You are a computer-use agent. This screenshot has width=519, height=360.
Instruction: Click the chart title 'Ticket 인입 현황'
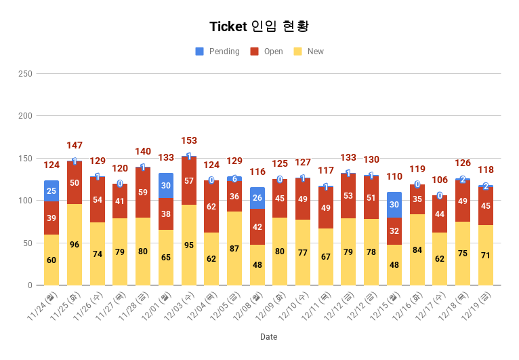click(x=259, y=26)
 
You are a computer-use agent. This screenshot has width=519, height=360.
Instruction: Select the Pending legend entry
click(x=217, y=52)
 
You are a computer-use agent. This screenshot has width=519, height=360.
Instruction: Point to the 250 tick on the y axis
click(x=25, y=73)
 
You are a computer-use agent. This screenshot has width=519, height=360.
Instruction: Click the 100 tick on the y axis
click(x=25, y=201)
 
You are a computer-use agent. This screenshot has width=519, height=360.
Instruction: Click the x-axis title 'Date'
click(x=268, y=337)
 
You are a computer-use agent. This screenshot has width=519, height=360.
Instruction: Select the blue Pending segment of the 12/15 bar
click(x=394, y=205)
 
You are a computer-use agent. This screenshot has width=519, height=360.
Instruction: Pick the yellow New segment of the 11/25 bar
click(x=75, y=244)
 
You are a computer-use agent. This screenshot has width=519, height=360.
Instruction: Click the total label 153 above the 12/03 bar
click(x=189, y=141)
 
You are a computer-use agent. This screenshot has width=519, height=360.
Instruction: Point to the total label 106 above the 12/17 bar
click(x=440, y=180)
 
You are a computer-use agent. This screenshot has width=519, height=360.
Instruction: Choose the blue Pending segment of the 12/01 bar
click(x=166, y=186)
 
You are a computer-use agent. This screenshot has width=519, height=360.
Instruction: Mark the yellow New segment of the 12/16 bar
click(x=417, y=249)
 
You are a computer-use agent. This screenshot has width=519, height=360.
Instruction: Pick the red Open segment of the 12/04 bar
click(x=211, y=206)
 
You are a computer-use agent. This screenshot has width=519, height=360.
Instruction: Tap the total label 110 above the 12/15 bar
click(x=394, y=176)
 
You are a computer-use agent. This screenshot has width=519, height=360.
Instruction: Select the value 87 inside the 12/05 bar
click(x=234, y=249)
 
